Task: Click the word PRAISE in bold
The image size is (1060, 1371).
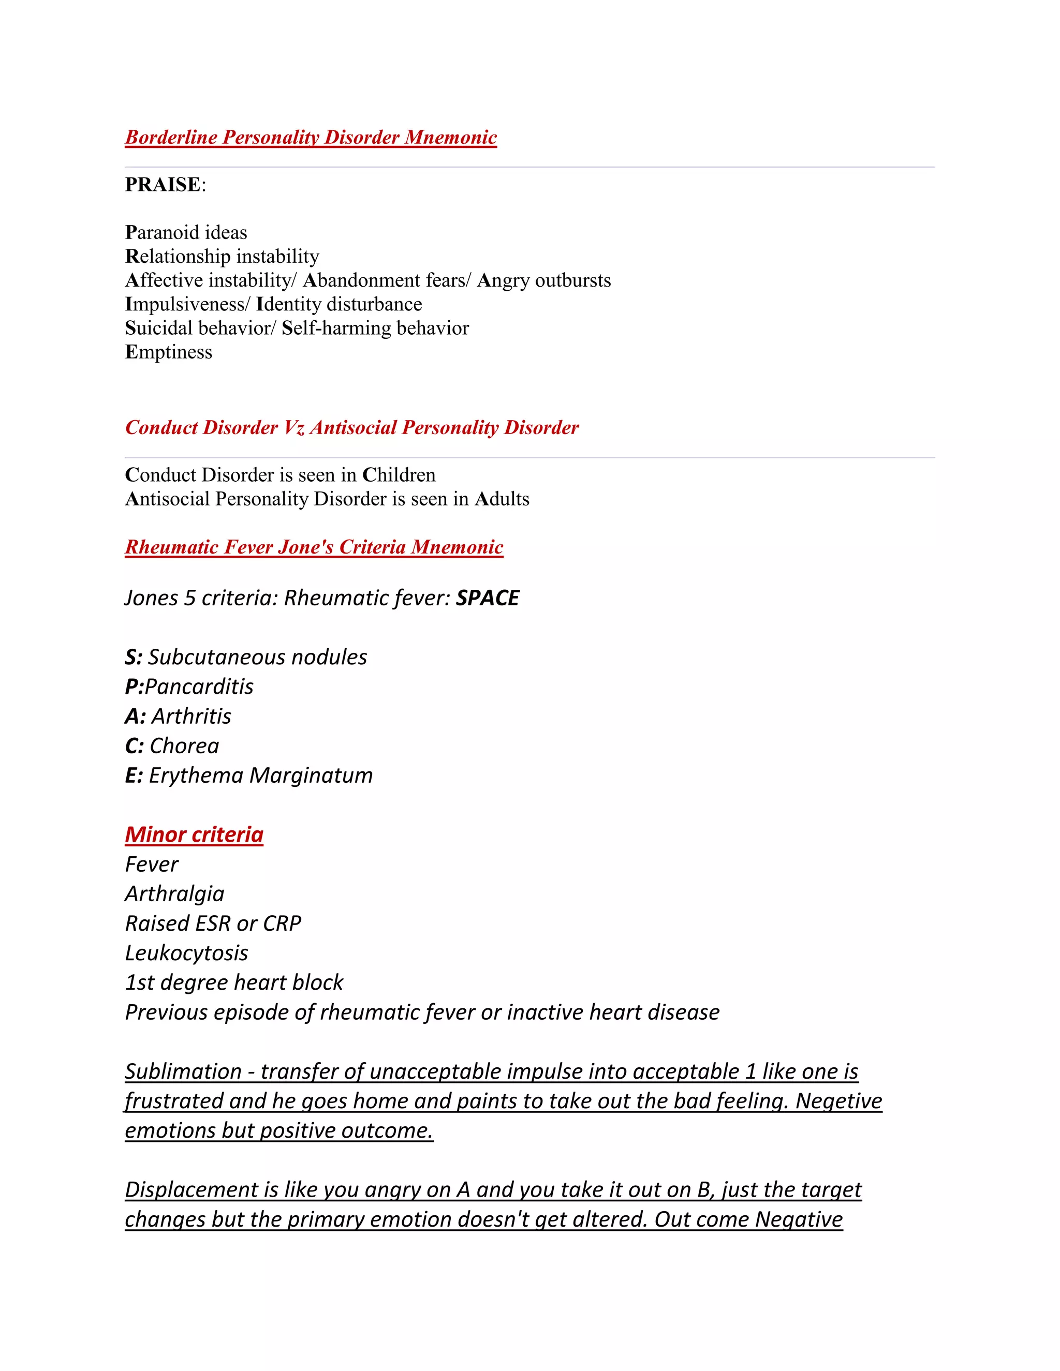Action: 163,185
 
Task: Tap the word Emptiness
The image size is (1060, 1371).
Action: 168,352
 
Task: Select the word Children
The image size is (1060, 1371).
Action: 399,475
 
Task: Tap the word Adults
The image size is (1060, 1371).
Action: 502,499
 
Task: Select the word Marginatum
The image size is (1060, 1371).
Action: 311,776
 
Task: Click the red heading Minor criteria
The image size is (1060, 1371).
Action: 194,835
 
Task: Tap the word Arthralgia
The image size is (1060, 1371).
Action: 174,894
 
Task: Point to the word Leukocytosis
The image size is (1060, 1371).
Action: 186,953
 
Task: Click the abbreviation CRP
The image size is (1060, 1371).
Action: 282,924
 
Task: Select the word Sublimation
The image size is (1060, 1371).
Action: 183,1071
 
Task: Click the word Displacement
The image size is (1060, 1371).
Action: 192,1190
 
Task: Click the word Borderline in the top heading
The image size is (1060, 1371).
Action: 171,138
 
